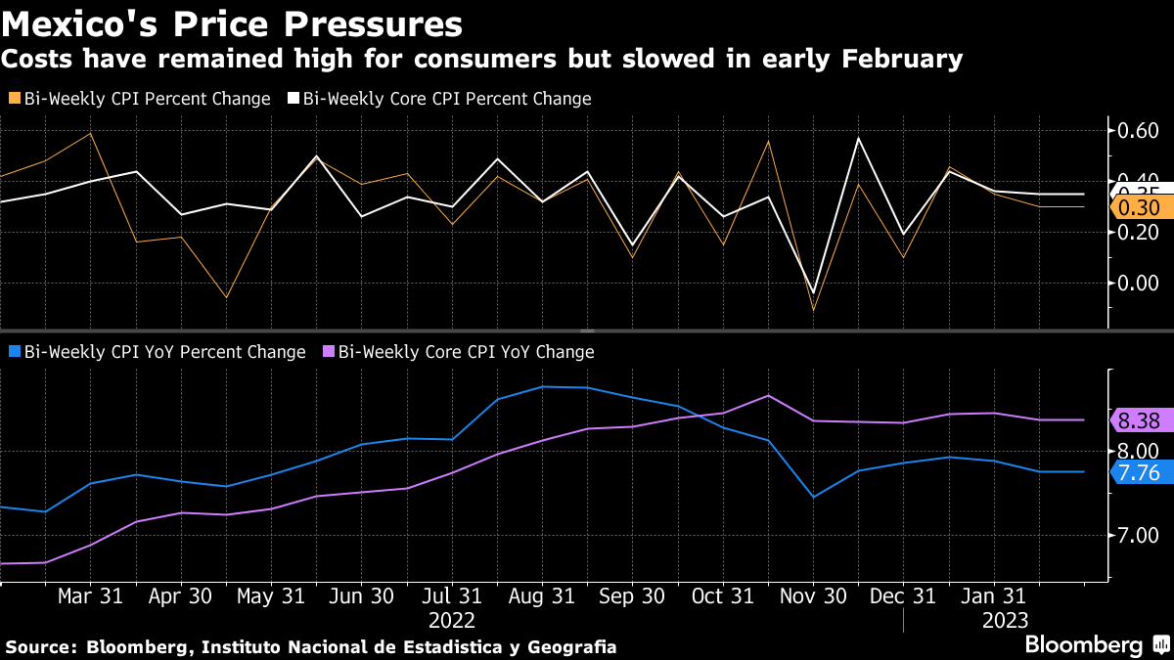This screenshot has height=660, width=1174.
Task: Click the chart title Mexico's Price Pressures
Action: pyautogui.click(x=233, y=22)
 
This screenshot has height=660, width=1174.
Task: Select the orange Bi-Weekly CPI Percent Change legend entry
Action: pyautogui.click(x=139, y=99)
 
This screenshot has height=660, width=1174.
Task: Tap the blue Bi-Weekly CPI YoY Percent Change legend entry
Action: pyautogui.click(x=157, y=352)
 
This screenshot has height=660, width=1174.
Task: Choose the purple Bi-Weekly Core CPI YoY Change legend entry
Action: pyautogui.click(x=459, y=352)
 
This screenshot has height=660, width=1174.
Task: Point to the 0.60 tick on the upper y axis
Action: pyautogui.click(x=1138, y=130)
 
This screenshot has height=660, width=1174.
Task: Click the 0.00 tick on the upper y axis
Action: pyautogui.click(x=1138, y=283)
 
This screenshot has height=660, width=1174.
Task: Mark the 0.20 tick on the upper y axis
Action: pyautogui.click(x=1138, y=232)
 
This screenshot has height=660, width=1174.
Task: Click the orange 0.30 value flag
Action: pyautogui.click(x=1139, y=207)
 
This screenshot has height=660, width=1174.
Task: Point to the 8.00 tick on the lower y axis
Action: pyautogui.click(x=1138, y=451)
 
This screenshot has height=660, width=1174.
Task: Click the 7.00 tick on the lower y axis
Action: pyautogui.click(x=1138, y=535)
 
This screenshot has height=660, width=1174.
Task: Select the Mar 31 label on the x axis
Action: pyautogui.click(x=90, y=596)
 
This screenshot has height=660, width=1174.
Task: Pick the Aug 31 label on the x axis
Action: pyautogui.click(x=542, y=596)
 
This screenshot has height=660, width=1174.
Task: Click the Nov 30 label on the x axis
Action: pyautogui.click(x=812, y=596)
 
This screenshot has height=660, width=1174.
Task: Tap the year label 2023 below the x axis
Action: pyautogui.click(x=1004, y=620)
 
